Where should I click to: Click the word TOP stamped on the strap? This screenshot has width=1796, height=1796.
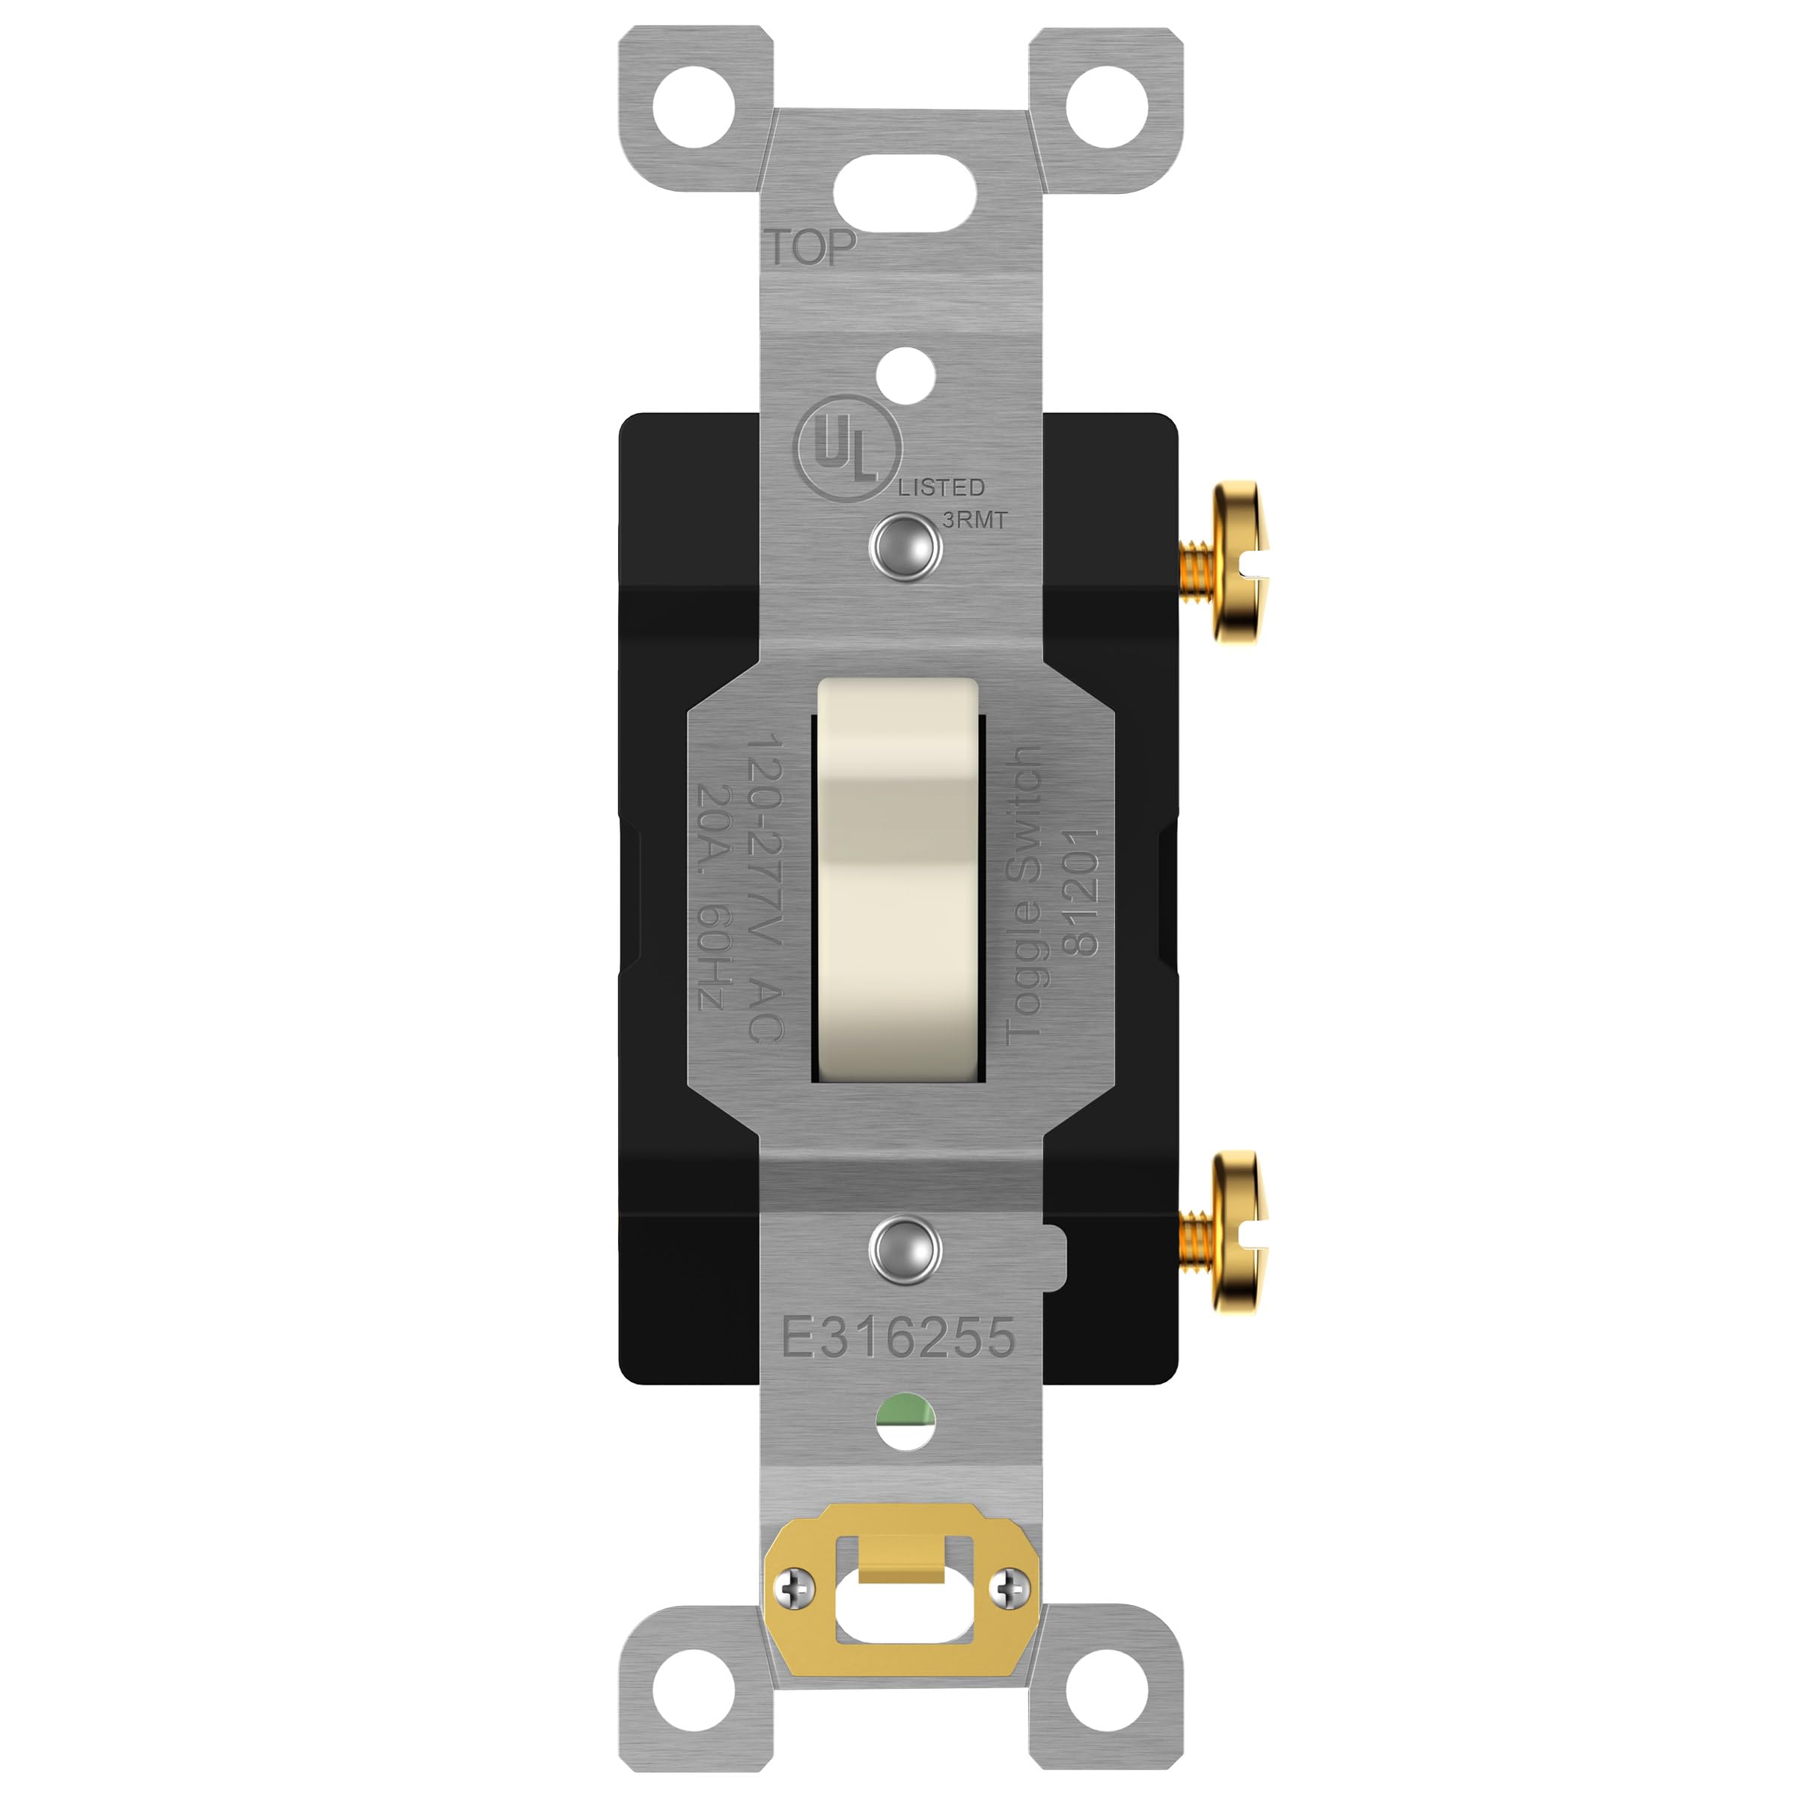[810, 247]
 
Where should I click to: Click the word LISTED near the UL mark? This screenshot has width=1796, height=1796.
[941, 487]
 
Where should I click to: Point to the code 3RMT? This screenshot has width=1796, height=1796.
[974, 519]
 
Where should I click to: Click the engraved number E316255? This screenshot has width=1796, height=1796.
[898, 1338]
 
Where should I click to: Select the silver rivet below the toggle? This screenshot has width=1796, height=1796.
[905, 1250]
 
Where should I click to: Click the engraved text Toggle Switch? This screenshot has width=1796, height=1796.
[1024, 894]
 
